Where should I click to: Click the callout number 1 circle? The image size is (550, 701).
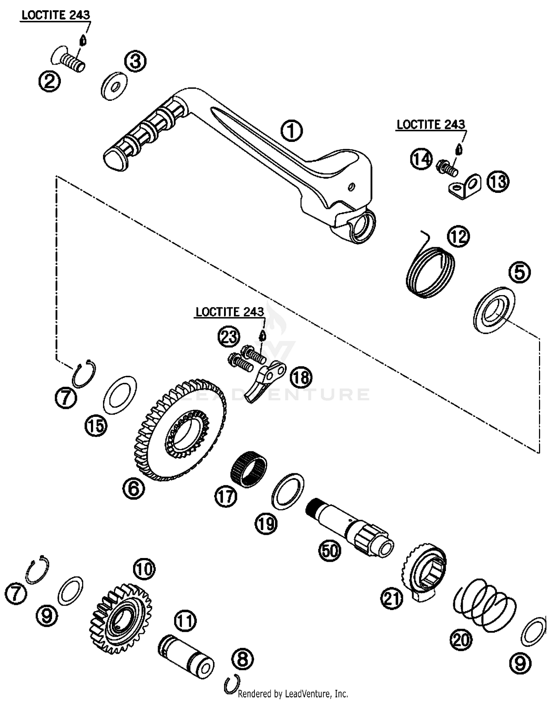pyautogui.click(x=291, y=131)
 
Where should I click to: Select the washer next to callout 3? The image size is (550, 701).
pyautogui.click(x=114, y=86)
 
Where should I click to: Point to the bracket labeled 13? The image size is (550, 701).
pyautogui.click(x=465, y=186)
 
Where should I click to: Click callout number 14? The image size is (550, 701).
pyautogui.click(x=421, y=159)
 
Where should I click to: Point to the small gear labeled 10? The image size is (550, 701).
pyautogui.click(x=120, y=616)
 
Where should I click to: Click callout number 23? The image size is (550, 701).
pyautogui.click(x=229, y=336)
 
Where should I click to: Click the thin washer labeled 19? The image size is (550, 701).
pyautogui.click(x=288, y=491)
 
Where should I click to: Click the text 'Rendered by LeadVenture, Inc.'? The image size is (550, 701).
pyautogui.click(x=293, y=693)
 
